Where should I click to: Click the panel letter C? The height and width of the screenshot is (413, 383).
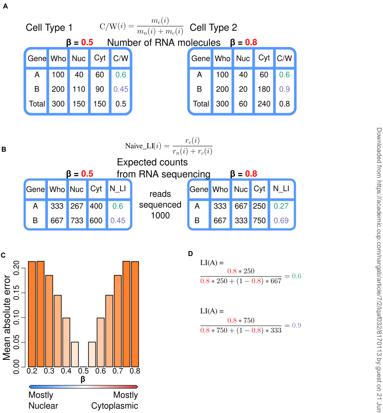[x=3, y=255]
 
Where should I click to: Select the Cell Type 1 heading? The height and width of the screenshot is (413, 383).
[x=49, y=28]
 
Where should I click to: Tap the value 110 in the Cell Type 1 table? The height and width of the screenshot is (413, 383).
[x=78, y=89]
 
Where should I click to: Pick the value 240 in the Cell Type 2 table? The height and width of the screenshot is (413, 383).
[x=264, y=103]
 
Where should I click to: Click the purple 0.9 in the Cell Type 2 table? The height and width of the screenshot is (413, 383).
[x=284, y=89]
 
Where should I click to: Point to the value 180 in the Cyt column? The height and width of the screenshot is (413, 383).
[x=264, y=89]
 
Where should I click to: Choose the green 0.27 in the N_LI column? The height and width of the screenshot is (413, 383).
[x=281, y=206]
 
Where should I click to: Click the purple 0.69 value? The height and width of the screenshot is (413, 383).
[x=281, y=221]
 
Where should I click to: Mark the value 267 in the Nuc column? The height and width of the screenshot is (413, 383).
[x=77, y=206]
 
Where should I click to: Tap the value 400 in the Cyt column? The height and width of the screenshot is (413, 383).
[x=96, y=206]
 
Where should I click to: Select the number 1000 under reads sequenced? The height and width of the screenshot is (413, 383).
[x=160, y=215]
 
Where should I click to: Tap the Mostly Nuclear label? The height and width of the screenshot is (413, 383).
[x=43, y=400]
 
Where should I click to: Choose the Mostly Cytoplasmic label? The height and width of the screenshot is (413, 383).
[x=115, y=400]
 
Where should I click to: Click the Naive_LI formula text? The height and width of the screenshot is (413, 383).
[x=168, y=146]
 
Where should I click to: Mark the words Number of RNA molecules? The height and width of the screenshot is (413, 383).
[x=164, y=43]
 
